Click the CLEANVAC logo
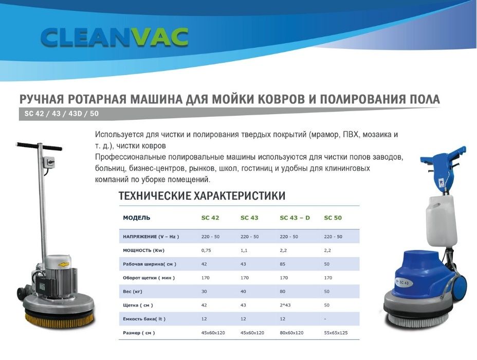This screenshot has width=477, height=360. (115, 38)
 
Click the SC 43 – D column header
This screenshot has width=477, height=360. (295, 218)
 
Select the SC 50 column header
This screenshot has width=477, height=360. (333, 218)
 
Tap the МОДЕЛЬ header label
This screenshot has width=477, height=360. (137, 218)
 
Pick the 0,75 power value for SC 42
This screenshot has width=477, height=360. (206, 250)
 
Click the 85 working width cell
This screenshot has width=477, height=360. (283, 264)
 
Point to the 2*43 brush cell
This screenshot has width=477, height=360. (285, 305)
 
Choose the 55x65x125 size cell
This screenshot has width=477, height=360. (336, 333)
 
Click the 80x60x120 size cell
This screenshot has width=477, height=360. (291, 333)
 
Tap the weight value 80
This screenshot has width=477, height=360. (283, 291)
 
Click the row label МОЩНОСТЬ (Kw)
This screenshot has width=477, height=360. (143, 250)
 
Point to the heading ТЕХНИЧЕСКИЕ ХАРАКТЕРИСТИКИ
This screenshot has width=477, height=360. (202, 195)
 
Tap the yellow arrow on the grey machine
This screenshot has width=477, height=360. (64, 264)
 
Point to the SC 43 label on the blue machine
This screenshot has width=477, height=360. (403, 283)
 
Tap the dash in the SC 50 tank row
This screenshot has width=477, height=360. (325, 319)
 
